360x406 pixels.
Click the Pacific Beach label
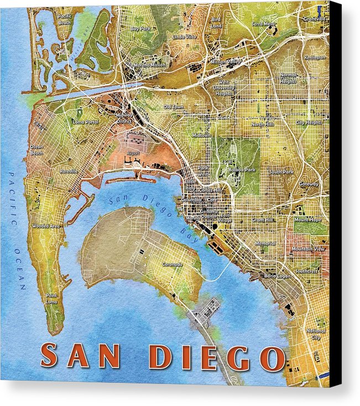coord(64,19)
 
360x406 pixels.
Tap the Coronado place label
coord(172,264)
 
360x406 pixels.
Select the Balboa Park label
coord(242,170)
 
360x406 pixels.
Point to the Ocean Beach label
coord(36,150)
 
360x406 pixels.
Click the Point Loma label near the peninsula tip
coord(51,298)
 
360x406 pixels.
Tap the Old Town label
coord(174,106)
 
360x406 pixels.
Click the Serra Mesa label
coord(262,24)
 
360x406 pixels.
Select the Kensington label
coord(314,57)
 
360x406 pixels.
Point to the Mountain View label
coord(308,249)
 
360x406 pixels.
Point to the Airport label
coord(133,153)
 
